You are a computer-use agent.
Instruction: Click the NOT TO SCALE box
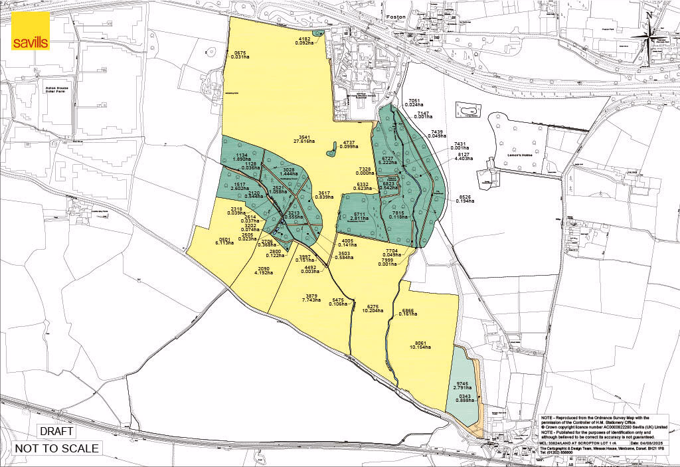[x=56, y=448]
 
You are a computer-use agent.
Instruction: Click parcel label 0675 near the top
[x=240, y=52]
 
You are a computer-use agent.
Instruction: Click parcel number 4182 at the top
[x=303, y=39]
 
